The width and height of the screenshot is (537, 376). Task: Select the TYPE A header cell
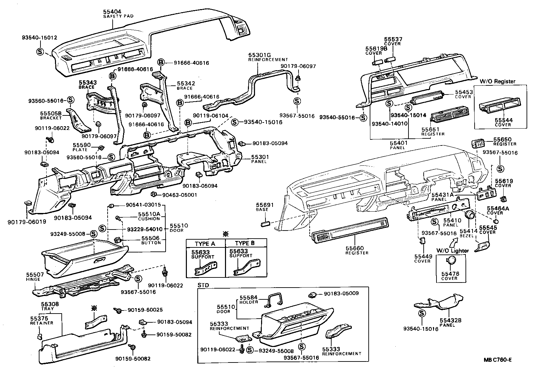click(x=205, y=244)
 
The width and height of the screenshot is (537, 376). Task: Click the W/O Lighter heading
click(x=452, y=251)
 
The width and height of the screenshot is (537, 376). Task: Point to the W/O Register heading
click(x=498, y=81)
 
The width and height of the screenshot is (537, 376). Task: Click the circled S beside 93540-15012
click(x=40, y=52)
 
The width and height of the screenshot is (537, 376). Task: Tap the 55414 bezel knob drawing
click(x=469, y=214)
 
